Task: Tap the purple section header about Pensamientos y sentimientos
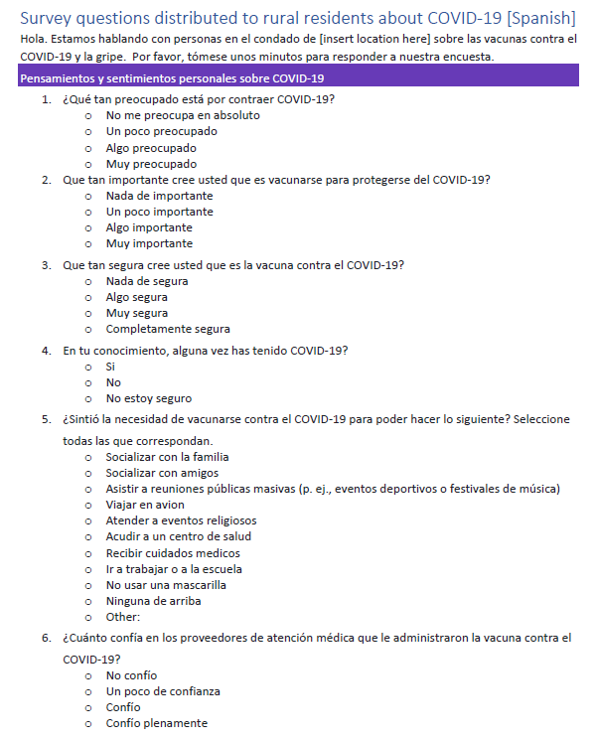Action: pyautogui.click(x=172, y=78)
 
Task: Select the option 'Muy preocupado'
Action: pyautogui.click(x=151, y=164)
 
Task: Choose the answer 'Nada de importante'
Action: pyautogui.click(x=159, y=196)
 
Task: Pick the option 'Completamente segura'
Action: pyautogui.click(x=168, y=329)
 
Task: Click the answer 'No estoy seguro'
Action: pyautogui.click(x=149, y=398)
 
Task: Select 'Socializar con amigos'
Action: pyautogui.click(x=162, y=473)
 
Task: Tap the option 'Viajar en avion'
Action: pyautogui.click(x=145, y=505)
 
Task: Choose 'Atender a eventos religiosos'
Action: pyautogui.click(x=181, y=520)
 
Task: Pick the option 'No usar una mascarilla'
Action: pyautogui.click(x=166, y=585)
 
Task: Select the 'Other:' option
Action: pyautogui.click(x=123, y=617)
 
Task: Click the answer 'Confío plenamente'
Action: pyautogui.click(x=157, y=723)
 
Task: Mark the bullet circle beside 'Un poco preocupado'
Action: pyautogui.click(x=87, y=131)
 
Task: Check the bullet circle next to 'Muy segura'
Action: pyautogui.click(x=87, y=313)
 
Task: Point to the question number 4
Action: pyautogui.click(x=47, y=351)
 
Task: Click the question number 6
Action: pyautogui.click(x=47, y=638)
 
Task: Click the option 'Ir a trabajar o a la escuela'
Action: pyautogui.click(x=174, y=569)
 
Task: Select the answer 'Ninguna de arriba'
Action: pyautogui.click(x=155, y=601)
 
